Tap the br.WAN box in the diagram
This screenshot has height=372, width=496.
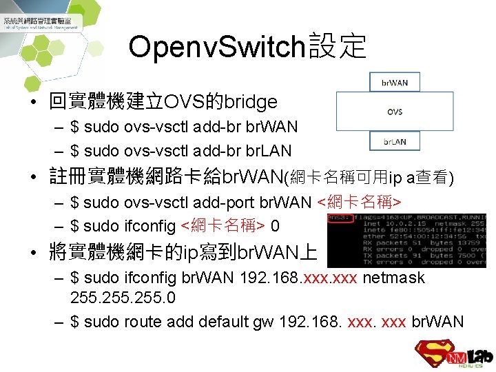pyautogui.click(x=395, y=83)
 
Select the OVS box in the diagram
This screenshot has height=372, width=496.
pyautogui.click(x=395, y=112)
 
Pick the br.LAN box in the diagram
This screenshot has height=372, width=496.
pyautogui.click(x=395, y=142)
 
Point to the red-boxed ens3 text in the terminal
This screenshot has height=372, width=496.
pyautogui.click(x=340, y=218)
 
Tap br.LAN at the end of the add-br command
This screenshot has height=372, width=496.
pyautogui.click(x=268, y=150)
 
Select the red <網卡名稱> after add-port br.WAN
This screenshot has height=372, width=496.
pyautogui.click(x=359, y=203)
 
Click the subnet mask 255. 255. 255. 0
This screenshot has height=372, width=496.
pyautogui.click(x=123, y=298)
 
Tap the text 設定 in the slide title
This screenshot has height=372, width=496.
pyautogui.click(x=338, y=47)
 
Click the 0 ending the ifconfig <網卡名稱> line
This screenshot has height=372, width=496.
pyautogui.click(x=275, y=225)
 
